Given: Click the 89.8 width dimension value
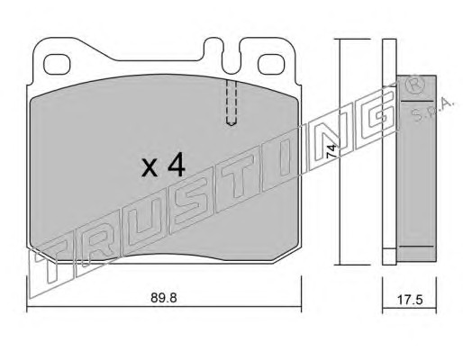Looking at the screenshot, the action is coord(163,298).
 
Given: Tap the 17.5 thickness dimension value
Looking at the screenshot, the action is coord(410,300).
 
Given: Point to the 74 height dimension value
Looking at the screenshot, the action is coord(331,151).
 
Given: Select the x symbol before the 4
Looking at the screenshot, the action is coord(150,168).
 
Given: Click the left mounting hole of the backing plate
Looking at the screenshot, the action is coord(57,64).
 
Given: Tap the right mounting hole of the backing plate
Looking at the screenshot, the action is coord(271,64).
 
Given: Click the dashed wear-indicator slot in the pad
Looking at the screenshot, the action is coord(231,102).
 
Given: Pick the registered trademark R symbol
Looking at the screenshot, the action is coord(415,85).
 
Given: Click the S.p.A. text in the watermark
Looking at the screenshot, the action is coord(432,110).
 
